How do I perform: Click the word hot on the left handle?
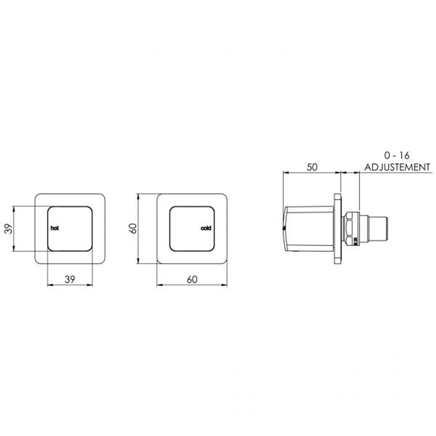(x=55, y=228)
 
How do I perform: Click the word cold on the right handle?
(x=206, y=228)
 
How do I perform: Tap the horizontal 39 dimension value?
(x=70, y=279)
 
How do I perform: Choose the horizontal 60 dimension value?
(x=192, y=279)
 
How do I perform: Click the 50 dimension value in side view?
(x=312, y=167)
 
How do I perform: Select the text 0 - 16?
(x=396, y=155)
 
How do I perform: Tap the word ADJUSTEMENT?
(x=397, y=167)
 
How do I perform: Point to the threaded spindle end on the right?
(x=379, y=229)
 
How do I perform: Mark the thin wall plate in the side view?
(x=337, y=229)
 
